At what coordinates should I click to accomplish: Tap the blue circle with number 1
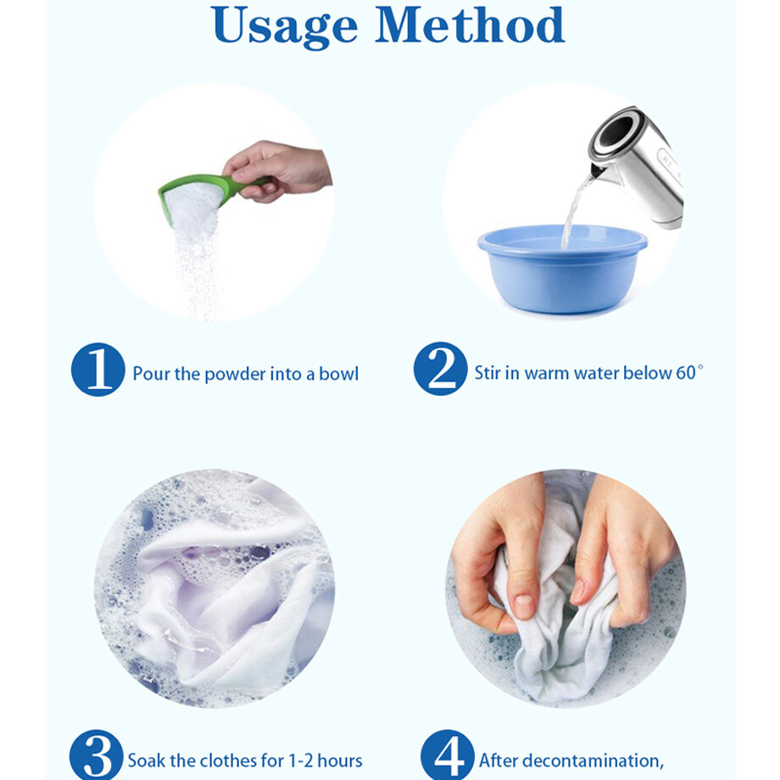[x=98, y=370]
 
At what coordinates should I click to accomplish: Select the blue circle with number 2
[x=440, y=370]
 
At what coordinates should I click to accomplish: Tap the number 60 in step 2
[x=685, y=373]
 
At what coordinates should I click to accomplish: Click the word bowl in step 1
[x=338, y=374]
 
